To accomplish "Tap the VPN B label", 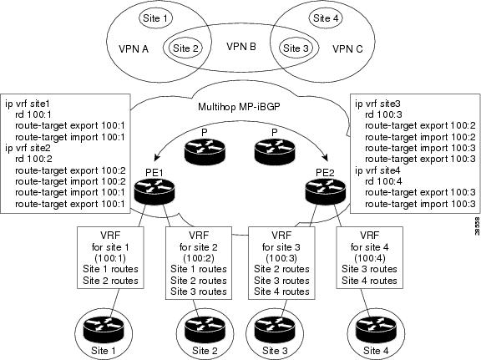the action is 241,47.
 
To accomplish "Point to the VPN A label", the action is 134,48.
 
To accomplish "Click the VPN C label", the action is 347,48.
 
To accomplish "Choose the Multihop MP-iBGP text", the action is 239,107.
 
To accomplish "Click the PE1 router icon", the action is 154,191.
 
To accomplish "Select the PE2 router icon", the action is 326,191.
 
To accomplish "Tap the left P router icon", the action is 205,150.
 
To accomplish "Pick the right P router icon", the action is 275,150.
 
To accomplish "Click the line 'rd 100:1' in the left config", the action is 33,114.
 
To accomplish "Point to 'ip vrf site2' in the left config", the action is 28,148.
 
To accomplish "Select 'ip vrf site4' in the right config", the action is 377,170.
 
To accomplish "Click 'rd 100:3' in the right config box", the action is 383,114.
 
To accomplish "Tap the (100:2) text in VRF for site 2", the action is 199,258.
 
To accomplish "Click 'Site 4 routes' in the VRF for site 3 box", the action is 281,291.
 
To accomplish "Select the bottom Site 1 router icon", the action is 104,330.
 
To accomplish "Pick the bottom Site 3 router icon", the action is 276,330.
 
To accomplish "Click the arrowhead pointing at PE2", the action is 325,157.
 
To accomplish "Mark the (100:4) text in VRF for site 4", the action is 369,258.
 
